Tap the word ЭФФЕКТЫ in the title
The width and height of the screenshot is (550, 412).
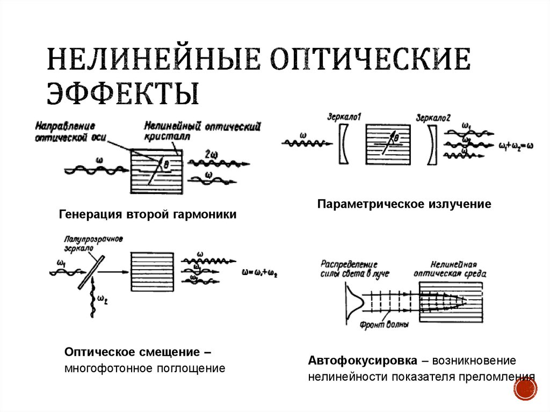click(x=123, y=92)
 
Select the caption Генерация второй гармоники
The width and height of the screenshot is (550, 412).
click(x=147, y=214)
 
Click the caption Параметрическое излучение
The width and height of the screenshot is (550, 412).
click(x=404, y=204)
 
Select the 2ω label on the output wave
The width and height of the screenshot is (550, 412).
click(x=211, y=155)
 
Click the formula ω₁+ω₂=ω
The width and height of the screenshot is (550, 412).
click(x=515, y=145)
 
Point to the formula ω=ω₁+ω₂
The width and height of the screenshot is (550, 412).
click(x=260, y=273)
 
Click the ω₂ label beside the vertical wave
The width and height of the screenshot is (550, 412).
click(x=102, y=301)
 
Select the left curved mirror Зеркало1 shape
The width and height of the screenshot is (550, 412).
click(x=344, y=143)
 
